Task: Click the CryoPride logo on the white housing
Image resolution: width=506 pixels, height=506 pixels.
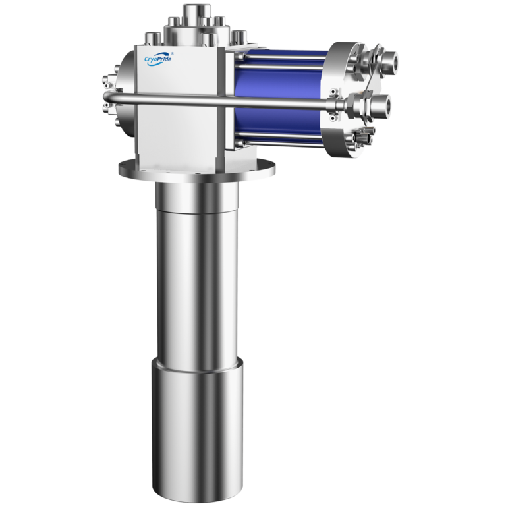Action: [158, 59]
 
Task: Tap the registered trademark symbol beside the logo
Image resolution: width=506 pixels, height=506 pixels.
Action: [172, 53]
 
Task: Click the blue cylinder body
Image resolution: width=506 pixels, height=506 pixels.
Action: [279, 97]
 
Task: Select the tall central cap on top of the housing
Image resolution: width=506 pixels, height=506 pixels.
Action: [197, 14]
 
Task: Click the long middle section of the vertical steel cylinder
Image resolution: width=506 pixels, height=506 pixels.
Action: [197, 284]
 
